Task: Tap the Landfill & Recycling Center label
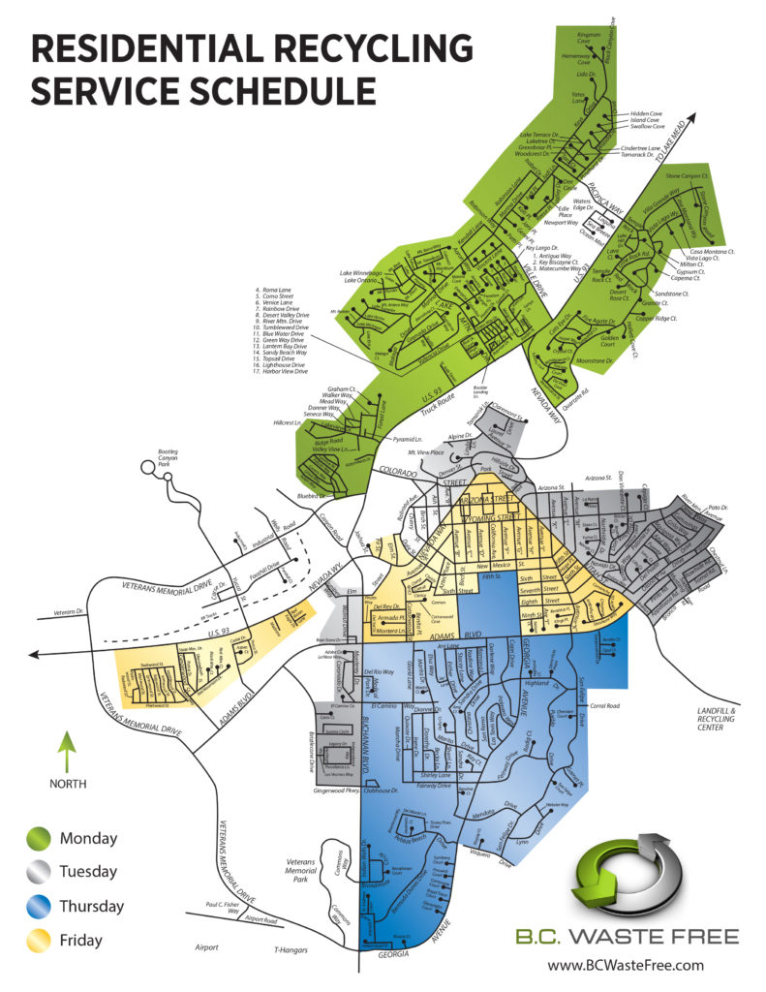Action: click(x=721, y=720)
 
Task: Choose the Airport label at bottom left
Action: click(x=205, y=947)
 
